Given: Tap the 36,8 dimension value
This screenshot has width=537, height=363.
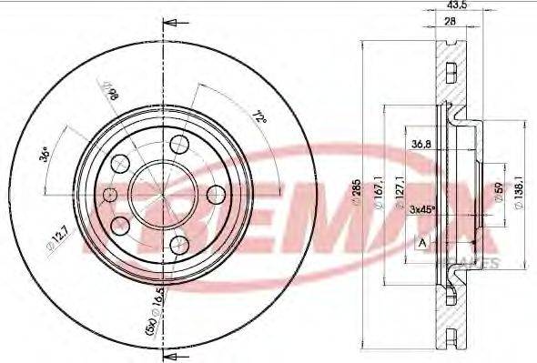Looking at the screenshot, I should tap(420, 143).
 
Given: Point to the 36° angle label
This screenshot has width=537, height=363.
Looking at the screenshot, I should tap(45, 155).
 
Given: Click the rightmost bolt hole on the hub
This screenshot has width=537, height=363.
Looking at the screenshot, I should tap(217, 194).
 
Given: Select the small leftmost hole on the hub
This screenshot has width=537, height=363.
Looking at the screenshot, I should tap(110, 194).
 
